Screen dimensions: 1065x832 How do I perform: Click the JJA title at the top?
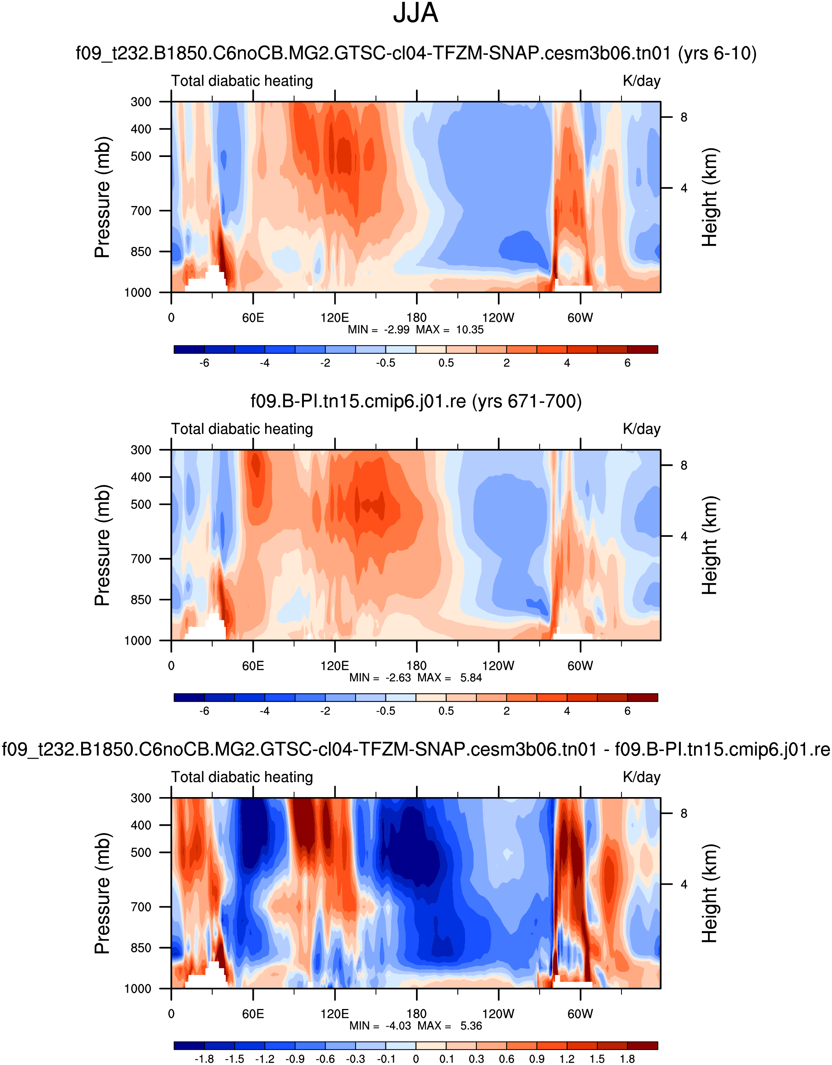415,14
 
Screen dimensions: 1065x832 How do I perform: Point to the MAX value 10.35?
469,330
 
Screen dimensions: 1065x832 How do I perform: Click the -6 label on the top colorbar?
204,363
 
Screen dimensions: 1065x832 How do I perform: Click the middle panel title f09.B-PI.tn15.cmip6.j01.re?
416,401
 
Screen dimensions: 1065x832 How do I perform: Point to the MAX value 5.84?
471,678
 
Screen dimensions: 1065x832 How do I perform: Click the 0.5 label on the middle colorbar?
446,711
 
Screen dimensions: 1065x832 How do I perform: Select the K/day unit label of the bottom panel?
641,777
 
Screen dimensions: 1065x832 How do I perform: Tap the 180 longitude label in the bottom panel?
416,1014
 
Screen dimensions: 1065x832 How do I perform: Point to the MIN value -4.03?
398,1026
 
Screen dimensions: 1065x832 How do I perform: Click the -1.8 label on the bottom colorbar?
204,1059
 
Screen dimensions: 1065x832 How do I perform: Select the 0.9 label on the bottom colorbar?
537,1059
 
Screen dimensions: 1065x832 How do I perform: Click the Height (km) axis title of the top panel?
710,197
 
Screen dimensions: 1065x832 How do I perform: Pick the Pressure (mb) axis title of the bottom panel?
103,893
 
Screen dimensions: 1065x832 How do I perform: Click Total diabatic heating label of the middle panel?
242,429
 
